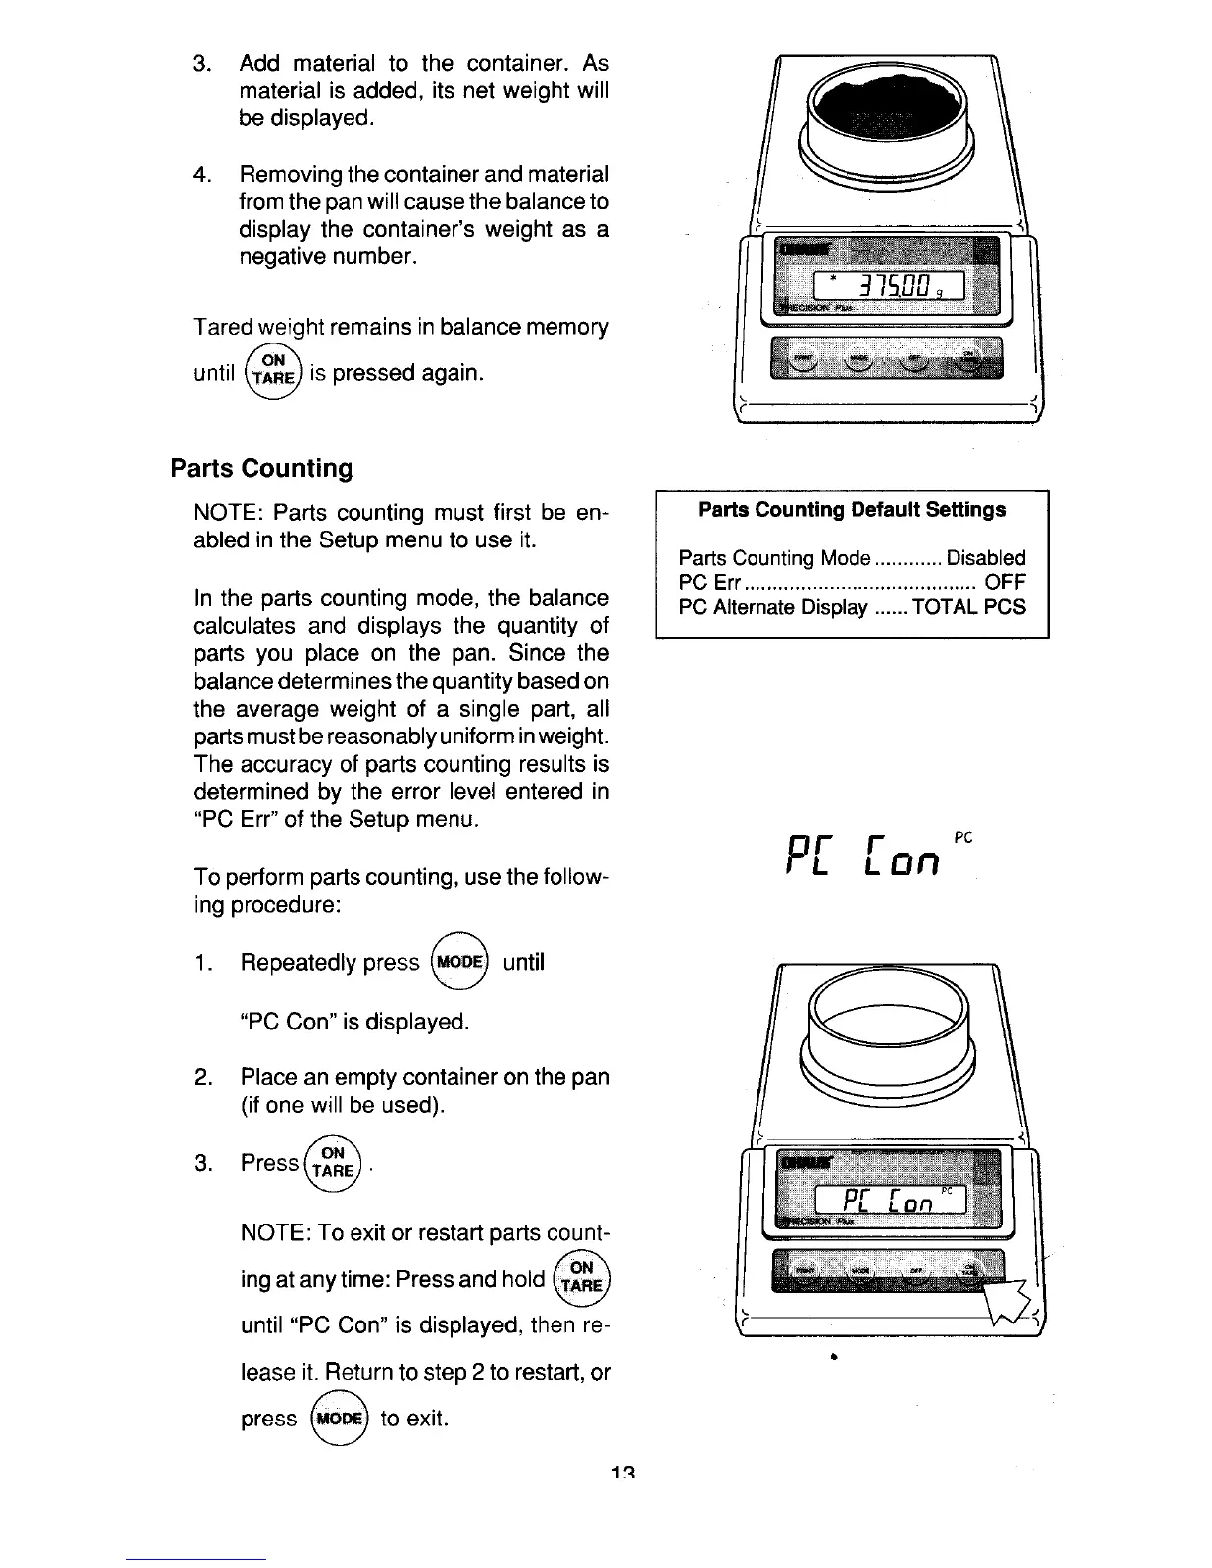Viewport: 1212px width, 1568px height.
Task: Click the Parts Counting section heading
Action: click(x=261, y=468)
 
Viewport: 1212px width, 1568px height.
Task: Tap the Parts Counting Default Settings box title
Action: click(x=852, y=510)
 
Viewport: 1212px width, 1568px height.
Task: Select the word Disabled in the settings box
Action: click(x=985, y=558)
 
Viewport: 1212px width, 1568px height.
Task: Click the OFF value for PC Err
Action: click(x=1005, y=582)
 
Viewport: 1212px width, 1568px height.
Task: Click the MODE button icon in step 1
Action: click(x=460, y=962)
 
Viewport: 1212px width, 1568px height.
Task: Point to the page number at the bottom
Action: click(x=622, y=1472)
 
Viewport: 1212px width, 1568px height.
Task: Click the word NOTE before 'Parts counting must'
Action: click(x=228, y=513)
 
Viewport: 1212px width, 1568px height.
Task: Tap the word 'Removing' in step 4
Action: click(x=289, y=175)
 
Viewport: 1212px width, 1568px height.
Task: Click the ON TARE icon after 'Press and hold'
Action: click(x=582, y=1279)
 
